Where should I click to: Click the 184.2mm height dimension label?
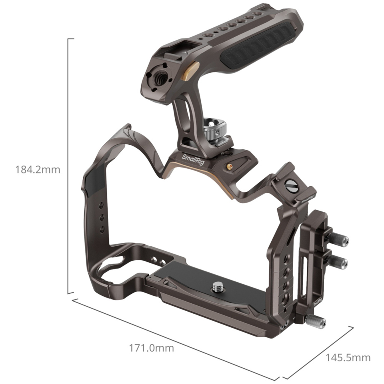coord(38,170)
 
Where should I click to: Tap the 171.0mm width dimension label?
coord(151,348)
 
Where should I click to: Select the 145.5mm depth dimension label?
coord(348,358)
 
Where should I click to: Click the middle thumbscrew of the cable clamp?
coord(338,262)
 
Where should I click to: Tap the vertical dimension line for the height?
coord(68,166)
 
